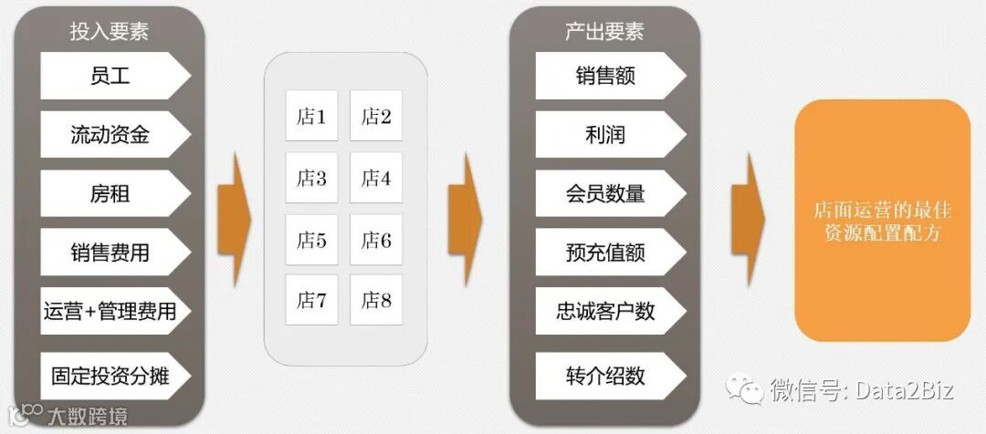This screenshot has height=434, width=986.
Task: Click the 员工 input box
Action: tap(110, 76)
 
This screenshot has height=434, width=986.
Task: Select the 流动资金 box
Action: tap(110, 135)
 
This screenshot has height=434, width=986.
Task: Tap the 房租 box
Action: tap(110, 193)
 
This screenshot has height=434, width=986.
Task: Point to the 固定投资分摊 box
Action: tap(110, 374)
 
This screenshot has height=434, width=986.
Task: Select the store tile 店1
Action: tap(311, 116)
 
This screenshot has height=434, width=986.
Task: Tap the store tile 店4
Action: tap(376, 178)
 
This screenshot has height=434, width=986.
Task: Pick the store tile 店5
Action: tap(311, 240)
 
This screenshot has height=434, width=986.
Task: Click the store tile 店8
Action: tap(376, 300)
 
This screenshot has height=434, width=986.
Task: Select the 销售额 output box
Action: tap(606, 76)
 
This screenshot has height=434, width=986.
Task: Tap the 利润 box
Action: tap(606, 135)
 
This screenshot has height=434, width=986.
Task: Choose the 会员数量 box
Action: tap(606, 193)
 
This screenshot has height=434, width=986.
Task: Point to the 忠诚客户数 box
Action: tap(606, 311)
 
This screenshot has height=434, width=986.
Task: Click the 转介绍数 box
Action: tap(606, 374)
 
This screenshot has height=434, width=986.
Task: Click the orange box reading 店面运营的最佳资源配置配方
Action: tap(882, 221)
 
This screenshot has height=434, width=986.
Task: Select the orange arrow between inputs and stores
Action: tap(234, 220)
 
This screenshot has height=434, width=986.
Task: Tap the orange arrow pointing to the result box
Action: tap(749, 220)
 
